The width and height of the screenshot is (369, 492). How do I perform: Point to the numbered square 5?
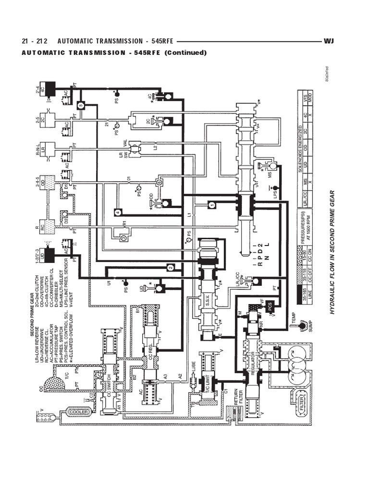[x=81, y=105]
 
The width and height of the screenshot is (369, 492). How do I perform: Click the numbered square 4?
[x=117, y=211]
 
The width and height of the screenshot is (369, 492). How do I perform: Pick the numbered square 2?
[x=170, y=267]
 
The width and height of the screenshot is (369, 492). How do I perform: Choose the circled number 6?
[x=159, y=182]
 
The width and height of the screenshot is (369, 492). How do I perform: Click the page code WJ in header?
[x=329, y=42]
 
